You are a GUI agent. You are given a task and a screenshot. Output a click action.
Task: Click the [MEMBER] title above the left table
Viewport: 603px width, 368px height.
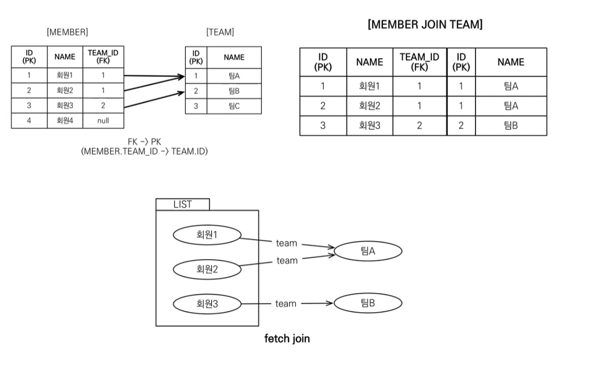[67, 32]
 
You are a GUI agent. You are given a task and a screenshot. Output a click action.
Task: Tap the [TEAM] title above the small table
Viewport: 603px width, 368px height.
[220, 32]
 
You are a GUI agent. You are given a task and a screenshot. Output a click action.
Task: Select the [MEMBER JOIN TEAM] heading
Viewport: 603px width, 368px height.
[425, 25]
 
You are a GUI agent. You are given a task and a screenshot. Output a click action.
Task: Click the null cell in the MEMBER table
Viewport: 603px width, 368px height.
[103, 121]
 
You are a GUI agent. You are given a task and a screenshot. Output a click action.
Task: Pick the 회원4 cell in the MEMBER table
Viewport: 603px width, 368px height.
[65, 121]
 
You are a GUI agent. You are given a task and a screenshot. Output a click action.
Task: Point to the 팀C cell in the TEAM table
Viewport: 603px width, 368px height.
[234, 106]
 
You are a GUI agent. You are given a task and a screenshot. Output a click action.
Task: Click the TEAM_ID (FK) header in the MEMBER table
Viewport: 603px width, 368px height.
[103, 57]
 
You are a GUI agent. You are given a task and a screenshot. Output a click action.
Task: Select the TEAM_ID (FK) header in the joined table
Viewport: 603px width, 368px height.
[419, 62]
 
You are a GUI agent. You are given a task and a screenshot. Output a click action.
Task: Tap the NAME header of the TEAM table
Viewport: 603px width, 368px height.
[234, 57]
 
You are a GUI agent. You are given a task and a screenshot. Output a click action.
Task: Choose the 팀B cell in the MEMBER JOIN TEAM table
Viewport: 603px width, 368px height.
[510, 126]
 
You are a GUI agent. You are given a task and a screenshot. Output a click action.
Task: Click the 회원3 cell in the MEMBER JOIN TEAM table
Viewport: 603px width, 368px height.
[370, 126]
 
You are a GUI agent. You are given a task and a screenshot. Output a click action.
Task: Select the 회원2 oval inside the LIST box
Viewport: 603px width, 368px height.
[207, 270]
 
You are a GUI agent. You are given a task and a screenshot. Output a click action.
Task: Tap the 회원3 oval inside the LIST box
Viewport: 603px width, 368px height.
[207, 303]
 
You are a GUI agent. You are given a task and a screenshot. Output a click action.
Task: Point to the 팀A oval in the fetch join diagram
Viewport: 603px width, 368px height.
[368, 250]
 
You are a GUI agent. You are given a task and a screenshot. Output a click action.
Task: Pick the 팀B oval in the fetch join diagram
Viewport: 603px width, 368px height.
[368, 303]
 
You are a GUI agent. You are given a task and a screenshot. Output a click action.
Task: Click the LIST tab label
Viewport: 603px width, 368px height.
[183, 205]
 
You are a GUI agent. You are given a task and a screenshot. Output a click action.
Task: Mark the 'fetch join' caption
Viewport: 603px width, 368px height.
[287, 339]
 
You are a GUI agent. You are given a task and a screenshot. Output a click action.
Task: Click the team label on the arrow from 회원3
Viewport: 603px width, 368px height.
[286, 303]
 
